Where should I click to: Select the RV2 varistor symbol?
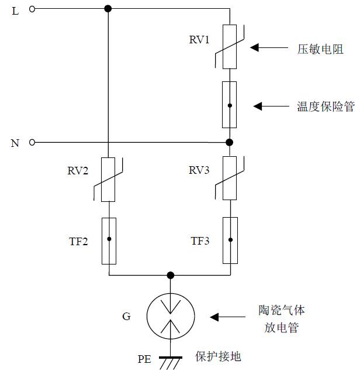tap(109, 179)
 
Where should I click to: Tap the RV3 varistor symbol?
tap(230, 179)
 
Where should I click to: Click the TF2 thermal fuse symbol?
tap(109, 240)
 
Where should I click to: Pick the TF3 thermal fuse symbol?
tap(230, 240)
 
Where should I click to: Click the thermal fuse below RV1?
tap(230, 105)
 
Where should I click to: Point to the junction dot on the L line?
tap(108, 9)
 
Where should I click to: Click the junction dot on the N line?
tap(230, 142)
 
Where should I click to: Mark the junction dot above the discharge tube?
tap(170, 275)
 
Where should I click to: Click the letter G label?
tap(126, 317)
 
